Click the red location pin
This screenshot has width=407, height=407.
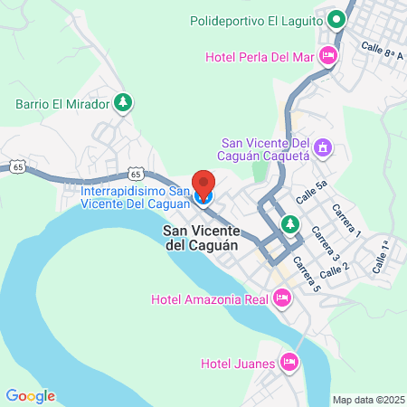click(203, 184)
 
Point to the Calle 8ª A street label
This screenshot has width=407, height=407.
click(381, 49)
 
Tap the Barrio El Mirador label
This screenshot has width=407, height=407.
click(62, 103)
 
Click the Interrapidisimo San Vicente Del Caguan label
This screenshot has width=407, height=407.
click(136, 198)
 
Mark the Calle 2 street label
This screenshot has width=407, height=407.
click(335, 269)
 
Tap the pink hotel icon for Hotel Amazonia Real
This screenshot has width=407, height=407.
click(281, 297)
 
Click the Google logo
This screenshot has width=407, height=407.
click(30, 395)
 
